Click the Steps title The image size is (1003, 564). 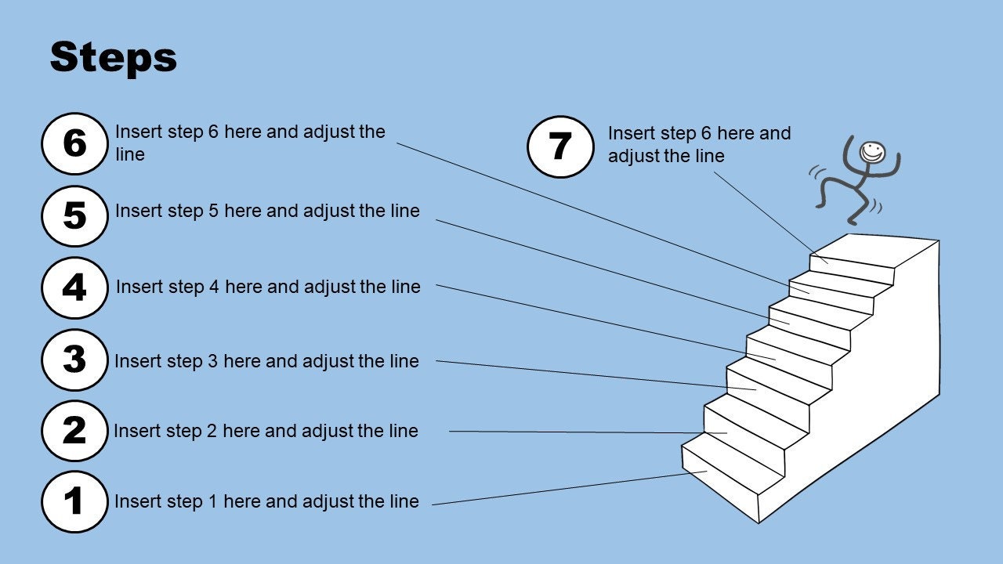[x=114, y=57]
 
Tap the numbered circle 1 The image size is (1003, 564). [x=74, y=501]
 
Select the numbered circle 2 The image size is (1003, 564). [x=74, y=431]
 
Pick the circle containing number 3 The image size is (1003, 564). [x=74, y=360]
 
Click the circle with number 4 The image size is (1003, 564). [x=74, y=287]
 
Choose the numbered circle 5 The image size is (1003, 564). [x=74, y=215]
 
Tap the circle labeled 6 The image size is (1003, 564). [x=74, y=143]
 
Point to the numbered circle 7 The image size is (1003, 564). [x=560, y=146]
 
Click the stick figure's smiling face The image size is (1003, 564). [x=872, y=153]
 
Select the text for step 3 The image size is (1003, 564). [x=267, y=361]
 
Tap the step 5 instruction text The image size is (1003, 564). [x=268, y=211]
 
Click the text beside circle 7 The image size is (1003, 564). [x=700, y=144]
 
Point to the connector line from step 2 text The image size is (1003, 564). [x=588, y=432]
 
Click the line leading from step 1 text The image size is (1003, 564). [x=569, y=488]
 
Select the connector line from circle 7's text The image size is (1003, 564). [x=770, y=218]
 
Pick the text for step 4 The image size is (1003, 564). [x=268, y=287]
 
